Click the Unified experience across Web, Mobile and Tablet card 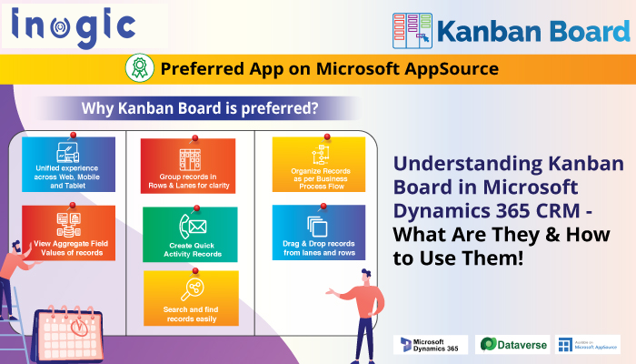point(69,165)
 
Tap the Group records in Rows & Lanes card point(188,167)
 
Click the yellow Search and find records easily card point(191,298)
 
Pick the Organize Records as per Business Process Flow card point(318,166)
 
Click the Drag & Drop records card point(318,233)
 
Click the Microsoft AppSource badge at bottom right point(588,344)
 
